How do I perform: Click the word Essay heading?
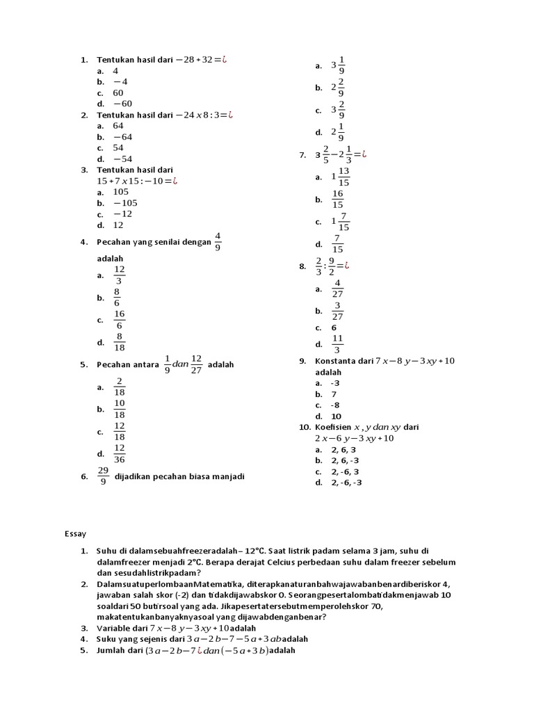point(75,534)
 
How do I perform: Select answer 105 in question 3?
point(121,192)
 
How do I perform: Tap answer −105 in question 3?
point(125,203)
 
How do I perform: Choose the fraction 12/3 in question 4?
point(120,275)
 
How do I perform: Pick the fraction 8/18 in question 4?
point(120,342)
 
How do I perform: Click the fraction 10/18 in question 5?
point(120,409)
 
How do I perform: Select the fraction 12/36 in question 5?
point(120,453)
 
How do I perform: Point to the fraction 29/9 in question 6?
point(103,476)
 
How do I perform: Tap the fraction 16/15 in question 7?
point(338,200)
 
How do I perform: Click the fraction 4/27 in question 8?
point(337,289)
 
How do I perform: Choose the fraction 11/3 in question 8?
point(337,343)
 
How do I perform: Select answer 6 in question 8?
point(334,327)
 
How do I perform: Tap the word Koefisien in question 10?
point(332,427)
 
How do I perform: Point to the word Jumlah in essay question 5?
point(112,650)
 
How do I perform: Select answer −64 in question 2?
point(122,137)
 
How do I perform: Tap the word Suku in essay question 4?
point(106,639)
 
